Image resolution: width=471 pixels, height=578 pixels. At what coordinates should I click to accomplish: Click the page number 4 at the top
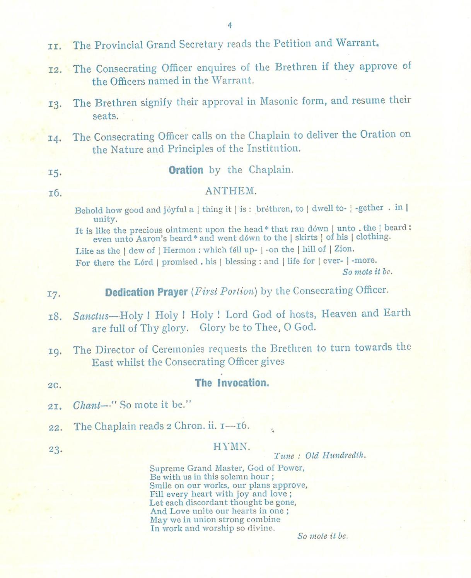pos(230,26)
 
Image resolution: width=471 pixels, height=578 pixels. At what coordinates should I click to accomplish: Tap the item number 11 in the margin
pos(55,46)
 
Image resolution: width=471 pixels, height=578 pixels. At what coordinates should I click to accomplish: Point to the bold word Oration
pos(186,170)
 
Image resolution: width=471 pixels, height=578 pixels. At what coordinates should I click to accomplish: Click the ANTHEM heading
pos(230,191)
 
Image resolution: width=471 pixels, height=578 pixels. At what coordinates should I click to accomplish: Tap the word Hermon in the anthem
pos(179,250)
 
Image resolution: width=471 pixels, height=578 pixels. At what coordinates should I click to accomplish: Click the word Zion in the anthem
pos(344,249)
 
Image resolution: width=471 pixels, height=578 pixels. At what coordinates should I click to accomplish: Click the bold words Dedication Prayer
pos(146,292)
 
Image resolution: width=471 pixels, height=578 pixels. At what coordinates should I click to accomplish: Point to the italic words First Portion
pos(224,292)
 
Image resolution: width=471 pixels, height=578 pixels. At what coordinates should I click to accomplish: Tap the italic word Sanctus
pos(91,316)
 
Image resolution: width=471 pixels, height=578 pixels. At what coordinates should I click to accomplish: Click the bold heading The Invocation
pos(232,383)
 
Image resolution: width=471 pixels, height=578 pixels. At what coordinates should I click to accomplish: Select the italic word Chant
pos(87,406)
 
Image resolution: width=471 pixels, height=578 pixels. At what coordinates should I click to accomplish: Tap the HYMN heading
pos(232,447)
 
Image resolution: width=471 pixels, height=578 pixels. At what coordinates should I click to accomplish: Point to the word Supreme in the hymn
pos(164,468)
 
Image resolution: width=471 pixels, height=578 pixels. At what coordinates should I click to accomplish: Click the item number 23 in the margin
pos(55,450)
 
